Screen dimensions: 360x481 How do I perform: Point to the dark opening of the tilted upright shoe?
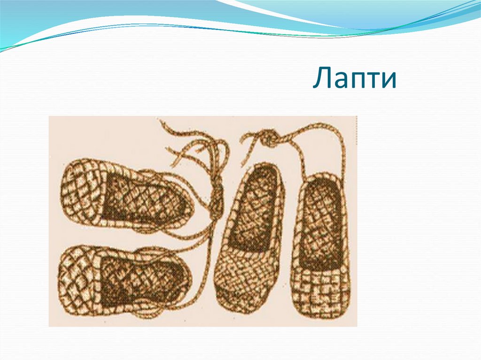[x=258, y=207]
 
